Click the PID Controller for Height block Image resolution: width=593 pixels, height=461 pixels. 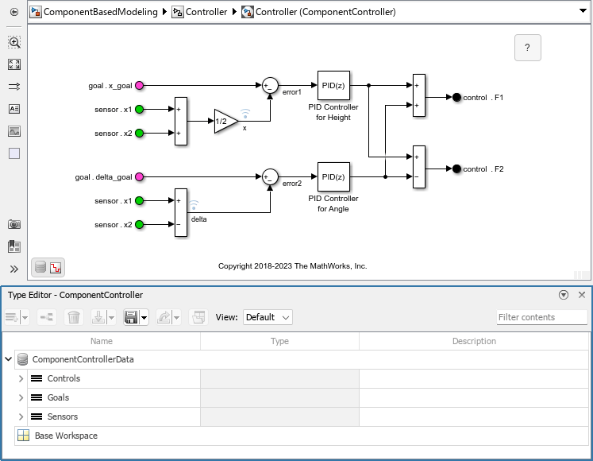click(333, 86)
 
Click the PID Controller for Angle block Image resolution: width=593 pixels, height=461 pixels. click(333, 177)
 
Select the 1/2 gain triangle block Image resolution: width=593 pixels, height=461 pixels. click(225, 121)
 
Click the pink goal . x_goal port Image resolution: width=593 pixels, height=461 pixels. click(140, 86)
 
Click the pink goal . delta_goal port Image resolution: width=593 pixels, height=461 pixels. click(140, 177)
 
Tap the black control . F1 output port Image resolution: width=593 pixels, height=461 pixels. click(456, 98)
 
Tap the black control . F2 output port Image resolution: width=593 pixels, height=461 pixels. click(456, 169)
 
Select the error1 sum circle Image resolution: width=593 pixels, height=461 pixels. click(270, 86)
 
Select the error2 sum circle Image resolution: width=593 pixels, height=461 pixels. click(270, 177)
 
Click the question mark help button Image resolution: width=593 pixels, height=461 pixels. click(527, 48)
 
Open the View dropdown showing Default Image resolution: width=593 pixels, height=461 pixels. click(268, 317)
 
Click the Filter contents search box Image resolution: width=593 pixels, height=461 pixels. click(541, 317)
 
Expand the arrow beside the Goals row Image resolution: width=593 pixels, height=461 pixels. click(21, 397)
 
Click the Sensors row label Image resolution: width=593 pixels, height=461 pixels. click(62, 416)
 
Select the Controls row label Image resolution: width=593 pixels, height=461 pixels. click(64, 378)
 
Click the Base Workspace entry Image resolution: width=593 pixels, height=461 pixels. click(66, 436)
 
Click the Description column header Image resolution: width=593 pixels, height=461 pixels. click(474, 341)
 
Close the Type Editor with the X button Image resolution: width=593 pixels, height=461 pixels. click(581, 295)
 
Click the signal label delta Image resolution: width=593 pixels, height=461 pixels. click(198, 219)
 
